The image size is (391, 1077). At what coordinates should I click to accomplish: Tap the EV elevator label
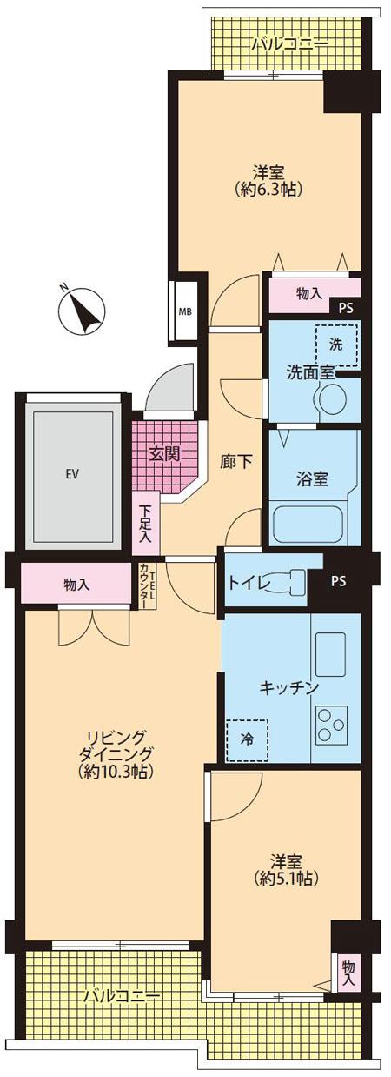[72, 474]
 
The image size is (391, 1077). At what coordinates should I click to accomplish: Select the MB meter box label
[186, 311]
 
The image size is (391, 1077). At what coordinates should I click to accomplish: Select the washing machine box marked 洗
[337, 344]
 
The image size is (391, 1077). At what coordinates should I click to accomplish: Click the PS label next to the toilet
[338, 581]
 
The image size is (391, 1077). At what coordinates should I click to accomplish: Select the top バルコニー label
[277, 43]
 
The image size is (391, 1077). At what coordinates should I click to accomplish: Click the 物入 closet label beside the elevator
[76, 585]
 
